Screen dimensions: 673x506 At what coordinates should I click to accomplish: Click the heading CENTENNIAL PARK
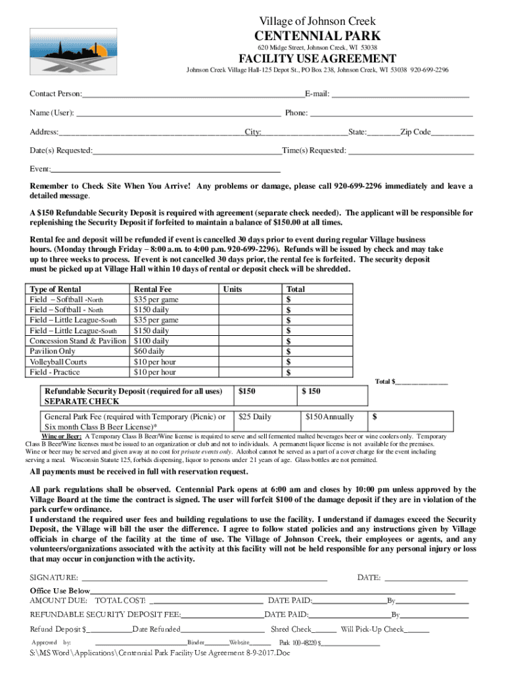[x=317, y=35]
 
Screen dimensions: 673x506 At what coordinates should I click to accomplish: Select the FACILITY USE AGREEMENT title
[x=317, y=59]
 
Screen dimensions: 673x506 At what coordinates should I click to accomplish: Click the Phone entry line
[x=391, y=114]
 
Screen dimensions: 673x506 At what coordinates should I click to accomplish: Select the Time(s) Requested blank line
[x=411, y=151]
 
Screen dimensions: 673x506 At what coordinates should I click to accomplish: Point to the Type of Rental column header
[x=56, y=289]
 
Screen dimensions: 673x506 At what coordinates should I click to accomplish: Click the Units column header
[x=233, y=289]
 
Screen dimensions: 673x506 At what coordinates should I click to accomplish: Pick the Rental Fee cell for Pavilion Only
[x=149, y=352]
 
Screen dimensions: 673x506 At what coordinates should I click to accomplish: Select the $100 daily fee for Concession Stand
[x=151, y=341]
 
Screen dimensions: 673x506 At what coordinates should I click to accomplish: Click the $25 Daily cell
[x=255, y=417]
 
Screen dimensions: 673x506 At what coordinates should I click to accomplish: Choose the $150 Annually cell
[x=330, y=417]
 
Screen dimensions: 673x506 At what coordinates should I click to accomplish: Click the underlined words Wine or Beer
[x=62, y=437]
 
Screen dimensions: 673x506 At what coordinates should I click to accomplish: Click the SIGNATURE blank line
[x=204, y=578]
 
